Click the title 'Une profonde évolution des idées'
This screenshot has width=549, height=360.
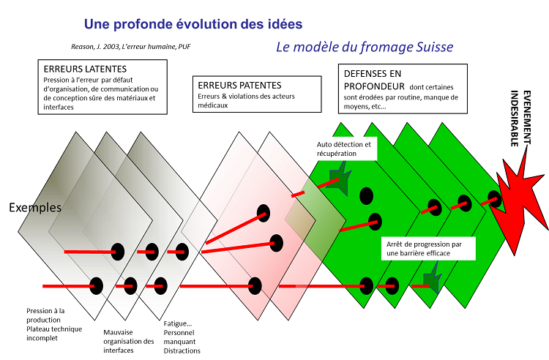coord(193,24)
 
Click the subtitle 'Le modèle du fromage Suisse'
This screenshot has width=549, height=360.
coord(365,47)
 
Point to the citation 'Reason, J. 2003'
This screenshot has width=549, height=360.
coord(95,47)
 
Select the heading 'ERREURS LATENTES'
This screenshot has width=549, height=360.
coord(85,69)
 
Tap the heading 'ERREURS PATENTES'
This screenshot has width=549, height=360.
coord(239,86)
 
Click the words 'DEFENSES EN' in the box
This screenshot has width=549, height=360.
coord(373,74)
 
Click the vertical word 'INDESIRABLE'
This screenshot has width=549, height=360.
coord(514,119)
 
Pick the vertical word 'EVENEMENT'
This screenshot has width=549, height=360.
coord(527,118)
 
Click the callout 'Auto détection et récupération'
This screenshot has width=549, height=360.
coord(344,149)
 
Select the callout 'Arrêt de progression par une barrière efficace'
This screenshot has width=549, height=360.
coord(428,249)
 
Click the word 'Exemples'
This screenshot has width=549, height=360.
coord(35,208)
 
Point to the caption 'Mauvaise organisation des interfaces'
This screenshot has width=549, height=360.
coord(129,341)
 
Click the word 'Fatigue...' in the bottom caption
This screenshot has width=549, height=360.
coord(178,323)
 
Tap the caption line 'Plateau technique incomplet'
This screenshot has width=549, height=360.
coord(54,334)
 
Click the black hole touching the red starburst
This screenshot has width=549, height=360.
coord(494,199)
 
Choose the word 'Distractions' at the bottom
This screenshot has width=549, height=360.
coord(182,350)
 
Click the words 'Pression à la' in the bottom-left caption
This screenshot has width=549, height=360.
coord(45,311)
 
